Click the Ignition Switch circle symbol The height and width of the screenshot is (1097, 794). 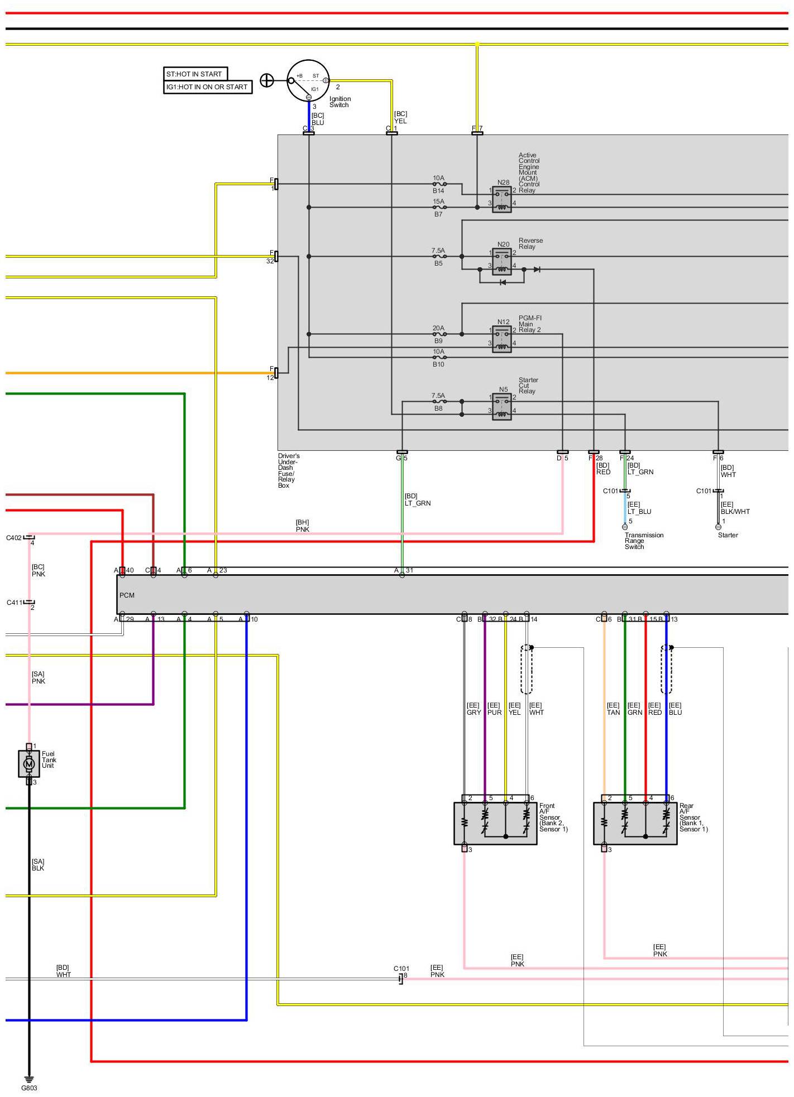[x=308, y=80]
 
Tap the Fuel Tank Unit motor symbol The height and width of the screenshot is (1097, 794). [x=29, y=763]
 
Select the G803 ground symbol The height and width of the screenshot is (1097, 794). [x=29, y=1079]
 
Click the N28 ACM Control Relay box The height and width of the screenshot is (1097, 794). [x=502, y=200]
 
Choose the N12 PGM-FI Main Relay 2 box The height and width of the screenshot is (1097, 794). [x=502, y=339]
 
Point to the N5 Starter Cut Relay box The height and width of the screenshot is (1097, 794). [x=502, y=407]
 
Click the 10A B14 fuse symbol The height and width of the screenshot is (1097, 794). [x=439, y=184]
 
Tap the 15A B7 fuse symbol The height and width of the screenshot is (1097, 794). [x=439, y=208]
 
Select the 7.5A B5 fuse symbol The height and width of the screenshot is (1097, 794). [x=439, y=257]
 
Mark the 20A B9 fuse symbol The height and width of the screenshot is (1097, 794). [x=439, y=334]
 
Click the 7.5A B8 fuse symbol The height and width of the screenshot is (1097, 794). [x=439, y=402]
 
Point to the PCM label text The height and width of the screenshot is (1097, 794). [x=127, y=595]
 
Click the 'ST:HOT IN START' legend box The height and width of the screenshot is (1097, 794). [x=195, y=74]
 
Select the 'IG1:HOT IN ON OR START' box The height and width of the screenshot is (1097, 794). [x=207, y=87]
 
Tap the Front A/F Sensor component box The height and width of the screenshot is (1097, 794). [x=495, y=823]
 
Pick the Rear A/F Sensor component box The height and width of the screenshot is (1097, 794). [x=635, y=823]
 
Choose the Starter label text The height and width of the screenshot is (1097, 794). [x=728, y=535]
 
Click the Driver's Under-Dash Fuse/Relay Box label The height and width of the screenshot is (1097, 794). [x=289, y=471]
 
